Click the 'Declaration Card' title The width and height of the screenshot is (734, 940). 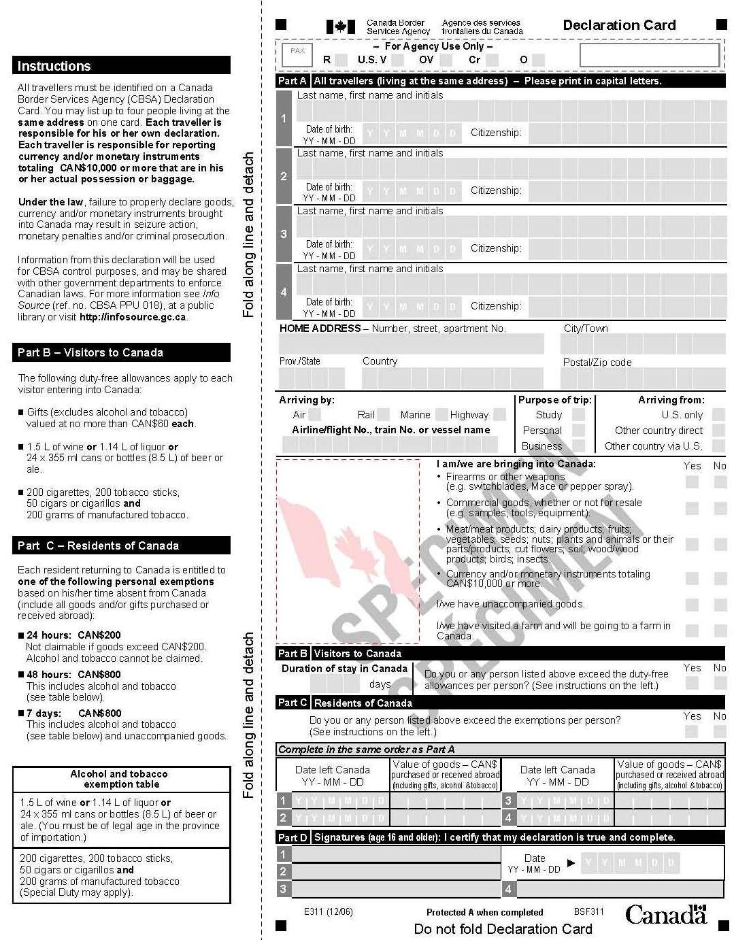click(x=619, y=26)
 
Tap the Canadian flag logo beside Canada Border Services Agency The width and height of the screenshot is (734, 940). click(x=340, y=27)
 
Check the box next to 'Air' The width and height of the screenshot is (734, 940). click(x=315, y=414)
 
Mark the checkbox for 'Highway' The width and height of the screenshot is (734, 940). click(x=499, y=414)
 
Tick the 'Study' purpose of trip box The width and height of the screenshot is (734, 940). click(x=578, y=414)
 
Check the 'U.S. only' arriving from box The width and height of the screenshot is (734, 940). click(x=718, y=414)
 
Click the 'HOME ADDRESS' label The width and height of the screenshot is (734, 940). click(x=320, y=329)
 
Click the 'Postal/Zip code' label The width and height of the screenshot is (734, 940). click(x=597, y=363)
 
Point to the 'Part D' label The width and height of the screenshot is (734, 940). click(x=293, y=837)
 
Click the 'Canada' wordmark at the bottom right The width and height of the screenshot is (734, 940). click(x=665, y=915)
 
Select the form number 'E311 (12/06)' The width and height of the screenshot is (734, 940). click(x=329, y=911)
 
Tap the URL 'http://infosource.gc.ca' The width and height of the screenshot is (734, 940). click(x=133, y=317)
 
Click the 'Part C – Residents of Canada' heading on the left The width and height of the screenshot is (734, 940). click(x=98, y=545)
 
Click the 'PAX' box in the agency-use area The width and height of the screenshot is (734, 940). click(x=298, y=51)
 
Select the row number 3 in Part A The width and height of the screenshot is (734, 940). click(x=284, y=234)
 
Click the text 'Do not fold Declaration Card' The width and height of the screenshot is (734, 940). click(x=503, y=929)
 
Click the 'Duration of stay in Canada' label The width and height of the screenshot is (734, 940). click(x=344, y=669)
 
